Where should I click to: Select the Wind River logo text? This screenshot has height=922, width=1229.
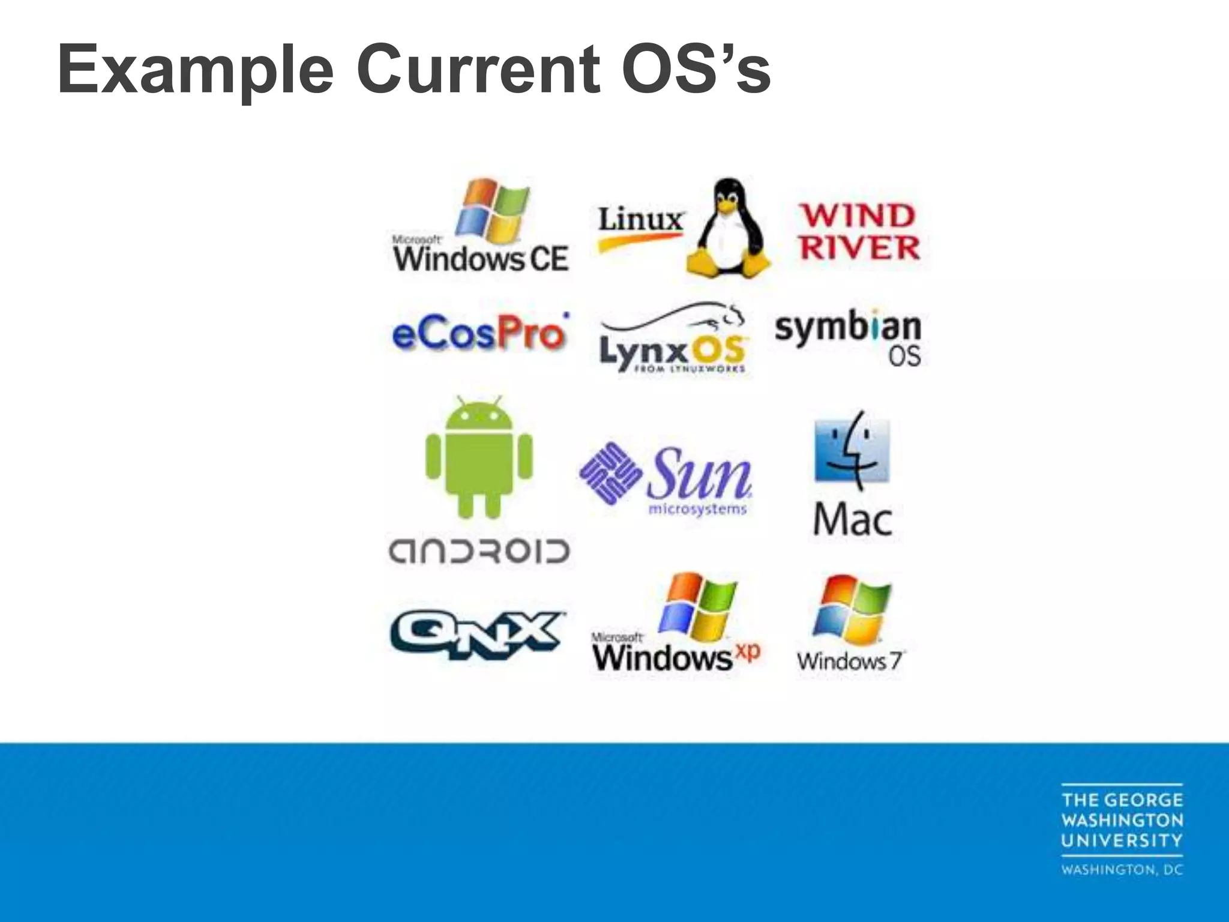(858, 232)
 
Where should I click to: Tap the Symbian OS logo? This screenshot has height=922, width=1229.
(848, 337)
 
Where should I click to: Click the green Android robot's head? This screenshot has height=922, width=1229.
(479, 418)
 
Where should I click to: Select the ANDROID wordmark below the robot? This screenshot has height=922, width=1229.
(479, 552)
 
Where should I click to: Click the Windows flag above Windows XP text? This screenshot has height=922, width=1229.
(697, 607)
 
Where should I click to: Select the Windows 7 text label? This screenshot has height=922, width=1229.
(850, 661)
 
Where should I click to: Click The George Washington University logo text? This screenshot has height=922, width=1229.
(1122, 820)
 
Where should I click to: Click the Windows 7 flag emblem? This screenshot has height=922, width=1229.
(852, 609)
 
